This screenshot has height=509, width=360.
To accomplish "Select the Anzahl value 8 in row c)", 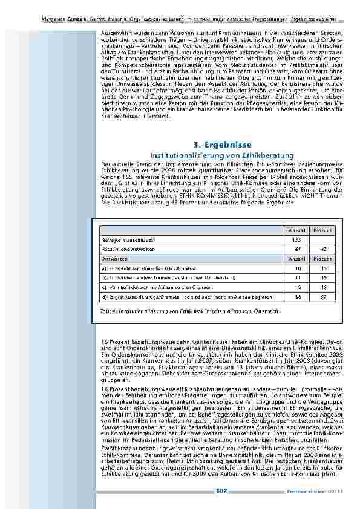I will pyautogui.click(x=298, y=287).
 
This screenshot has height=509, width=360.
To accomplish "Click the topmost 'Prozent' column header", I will pyautogui.click(x=322, y=231).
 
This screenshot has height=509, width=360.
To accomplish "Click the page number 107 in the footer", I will pyautogui.click(x=221, y=491).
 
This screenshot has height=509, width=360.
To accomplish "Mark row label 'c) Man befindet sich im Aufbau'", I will pyautogui.click(x=157, y=287).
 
